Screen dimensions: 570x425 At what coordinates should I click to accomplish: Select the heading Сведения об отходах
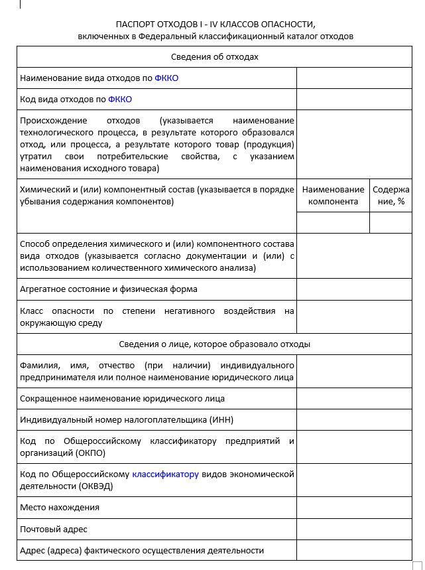point(215,57)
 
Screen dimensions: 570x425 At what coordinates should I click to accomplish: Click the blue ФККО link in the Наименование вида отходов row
point(166,78)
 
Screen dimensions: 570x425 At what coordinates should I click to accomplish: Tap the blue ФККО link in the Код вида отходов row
point(120,100)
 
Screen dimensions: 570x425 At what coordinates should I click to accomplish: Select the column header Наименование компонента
point(333,196)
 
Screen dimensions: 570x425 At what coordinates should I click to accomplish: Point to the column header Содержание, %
point(391,196)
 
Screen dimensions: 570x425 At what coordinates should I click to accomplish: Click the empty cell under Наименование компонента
point(333,222)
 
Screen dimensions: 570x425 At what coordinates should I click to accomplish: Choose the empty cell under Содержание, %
point(391,222)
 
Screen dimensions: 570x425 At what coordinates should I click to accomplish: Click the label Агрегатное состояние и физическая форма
point(109,289)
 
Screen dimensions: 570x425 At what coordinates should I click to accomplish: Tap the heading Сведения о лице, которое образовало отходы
point(215,344)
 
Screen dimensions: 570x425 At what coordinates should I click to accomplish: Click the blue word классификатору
point(166,474)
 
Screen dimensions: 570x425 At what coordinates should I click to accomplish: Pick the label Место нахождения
point(60,508)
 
